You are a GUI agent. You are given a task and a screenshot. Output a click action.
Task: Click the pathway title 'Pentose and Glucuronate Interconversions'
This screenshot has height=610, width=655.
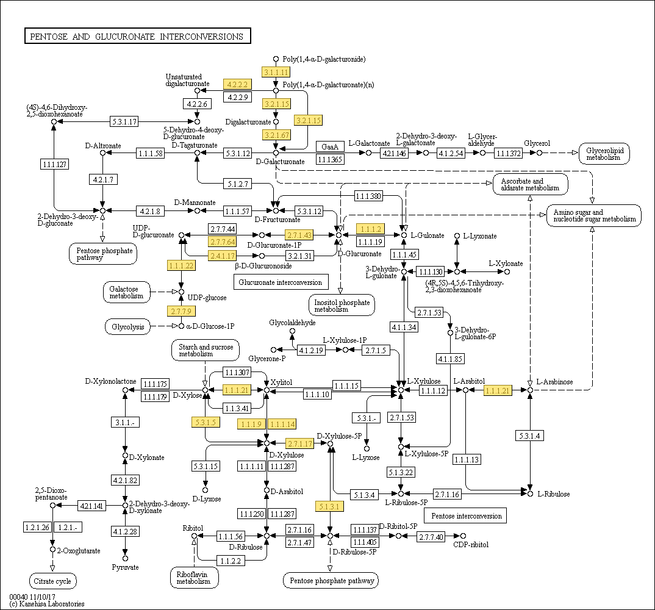click(137, 37)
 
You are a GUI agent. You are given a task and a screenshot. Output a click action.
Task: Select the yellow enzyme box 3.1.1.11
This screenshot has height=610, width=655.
click(275, 72)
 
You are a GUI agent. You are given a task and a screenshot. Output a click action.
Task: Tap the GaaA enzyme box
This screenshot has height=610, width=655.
click(330, 147)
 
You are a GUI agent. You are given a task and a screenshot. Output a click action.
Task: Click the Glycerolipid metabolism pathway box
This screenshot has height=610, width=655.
click(604, 154)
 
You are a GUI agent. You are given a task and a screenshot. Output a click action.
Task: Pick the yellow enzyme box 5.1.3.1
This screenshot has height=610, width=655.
click(330, 506)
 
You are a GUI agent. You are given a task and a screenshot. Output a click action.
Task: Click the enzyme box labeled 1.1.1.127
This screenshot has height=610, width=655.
click(54, 164)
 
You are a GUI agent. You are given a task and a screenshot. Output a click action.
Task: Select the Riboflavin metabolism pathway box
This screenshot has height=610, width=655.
click(195, 578)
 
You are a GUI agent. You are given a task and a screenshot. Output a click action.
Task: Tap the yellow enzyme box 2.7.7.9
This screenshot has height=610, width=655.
click(181, 312)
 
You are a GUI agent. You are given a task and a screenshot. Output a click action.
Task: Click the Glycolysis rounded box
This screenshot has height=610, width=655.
click(127, 327)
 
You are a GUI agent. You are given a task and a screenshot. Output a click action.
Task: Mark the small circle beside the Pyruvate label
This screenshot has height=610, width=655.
click(125, 558)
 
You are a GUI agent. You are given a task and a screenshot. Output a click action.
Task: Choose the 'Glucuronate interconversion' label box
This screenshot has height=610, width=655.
click(281, 282)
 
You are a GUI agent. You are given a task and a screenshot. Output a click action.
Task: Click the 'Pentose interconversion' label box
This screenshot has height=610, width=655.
click(467, 516)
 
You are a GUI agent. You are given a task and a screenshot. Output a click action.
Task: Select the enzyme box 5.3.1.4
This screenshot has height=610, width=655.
click(530, 436)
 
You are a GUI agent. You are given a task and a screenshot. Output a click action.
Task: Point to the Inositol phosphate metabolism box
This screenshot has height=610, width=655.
click(342, 305)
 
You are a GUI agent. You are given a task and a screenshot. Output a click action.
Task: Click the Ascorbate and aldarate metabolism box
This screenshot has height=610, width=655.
click(530, 184)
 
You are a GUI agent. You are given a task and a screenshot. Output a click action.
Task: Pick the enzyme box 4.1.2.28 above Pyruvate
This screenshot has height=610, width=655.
click(125, 532)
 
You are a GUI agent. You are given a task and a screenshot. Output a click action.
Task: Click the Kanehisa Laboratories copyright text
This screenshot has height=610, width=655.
click(47, 604)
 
